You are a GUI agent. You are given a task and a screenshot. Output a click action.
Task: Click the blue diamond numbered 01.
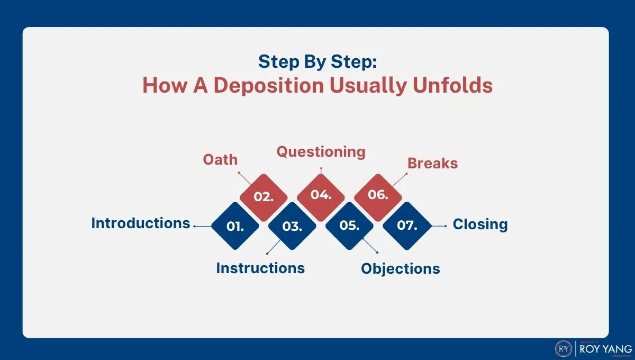(x=235, y=226)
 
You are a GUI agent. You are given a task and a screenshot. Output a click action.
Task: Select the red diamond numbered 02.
(x=264, y=197)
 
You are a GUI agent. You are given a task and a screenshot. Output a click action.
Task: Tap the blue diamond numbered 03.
(x=292, y=226)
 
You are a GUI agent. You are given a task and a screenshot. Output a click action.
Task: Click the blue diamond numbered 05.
(x=349, y=226)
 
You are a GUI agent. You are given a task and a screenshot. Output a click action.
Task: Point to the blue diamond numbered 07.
(x=406, y=226)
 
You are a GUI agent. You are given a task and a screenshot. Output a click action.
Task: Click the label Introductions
(x=140, y=223)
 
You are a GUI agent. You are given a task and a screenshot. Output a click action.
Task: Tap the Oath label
(x=220, y=159)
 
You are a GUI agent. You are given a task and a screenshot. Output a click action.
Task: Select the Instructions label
(x=260, y=268)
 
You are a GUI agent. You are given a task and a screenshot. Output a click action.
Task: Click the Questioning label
(x=321, y=152)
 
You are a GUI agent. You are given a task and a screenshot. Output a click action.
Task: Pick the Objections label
(x=400, y=268)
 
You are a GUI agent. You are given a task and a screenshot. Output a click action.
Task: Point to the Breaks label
(x=432, y=163)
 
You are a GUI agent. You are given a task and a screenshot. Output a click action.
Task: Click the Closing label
(x=480, y=224)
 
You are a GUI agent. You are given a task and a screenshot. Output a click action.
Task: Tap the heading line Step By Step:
(x=317, y=62)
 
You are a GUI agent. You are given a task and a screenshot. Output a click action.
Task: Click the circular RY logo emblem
(x=563, y=348)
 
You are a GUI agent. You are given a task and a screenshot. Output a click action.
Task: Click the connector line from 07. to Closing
(x=439, y=226)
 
